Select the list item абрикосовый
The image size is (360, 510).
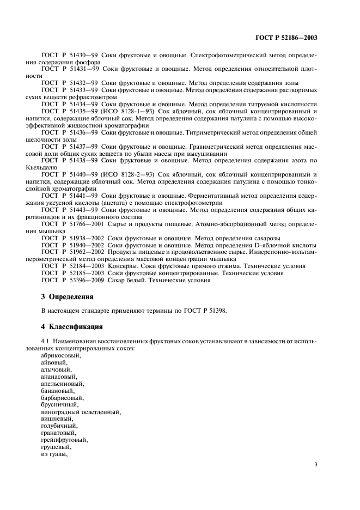click(61, 355)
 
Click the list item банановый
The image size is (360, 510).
click(58, 391)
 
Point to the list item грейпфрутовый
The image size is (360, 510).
click(64, 440)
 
